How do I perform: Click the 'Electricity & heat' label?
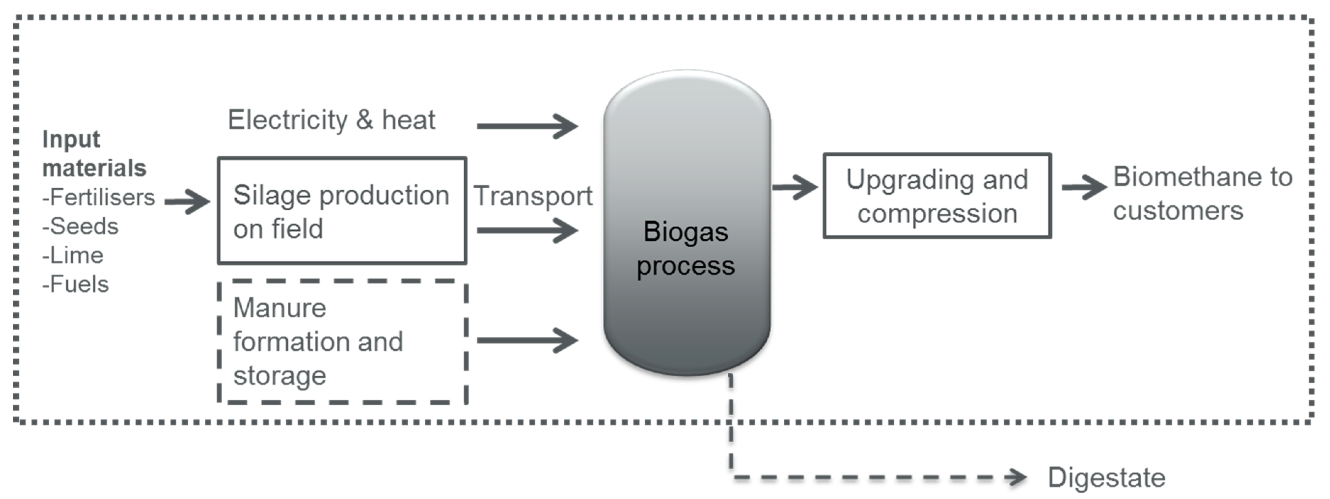tap(331, 120)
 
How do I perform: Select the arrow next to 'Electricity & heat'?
tap(526, 126)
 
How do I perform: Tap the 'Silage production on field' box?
tap(342, 211)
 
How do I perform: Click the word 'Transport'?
tap(533, 196)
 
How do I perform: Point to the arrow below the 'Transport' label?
tap(526, 230)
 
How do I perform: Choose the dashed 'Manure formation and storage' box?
tap(342, 342)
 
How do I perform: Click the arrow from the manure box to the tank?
tap(526, 340)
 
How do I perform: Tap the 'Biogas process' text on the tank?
tap(686, 249)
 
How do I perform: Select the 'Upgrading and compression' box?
tap(937, 196)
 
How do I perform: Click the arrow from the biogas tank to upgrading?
tap(795, 187)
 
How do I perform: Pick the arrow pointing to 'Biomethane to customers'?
tap(1084, 187)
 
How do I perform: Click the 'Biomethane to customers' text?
tap(1202, 194)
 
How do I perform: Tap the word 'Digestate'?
tap(1106, 478)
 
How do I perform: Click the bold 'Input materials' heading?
tap(94, 154)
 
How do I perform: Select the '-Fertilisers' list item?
tap(99, 198)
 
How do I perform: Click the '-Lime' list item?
tap(73, 255)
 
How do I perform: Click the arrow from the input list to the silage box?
tap(187, 201)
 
